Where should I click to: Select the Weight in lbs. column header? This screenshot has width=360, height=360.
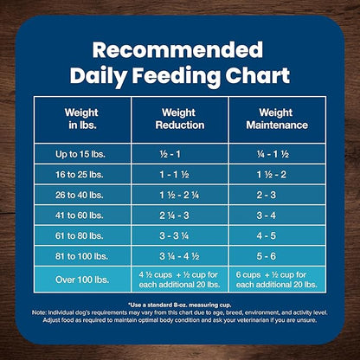(x=81, y=118)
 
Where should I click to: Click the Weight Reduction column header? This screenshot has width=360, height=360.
(x=179, y=118)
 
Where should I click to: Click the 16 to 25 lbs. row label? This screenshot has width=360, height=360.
(x=81, y=175)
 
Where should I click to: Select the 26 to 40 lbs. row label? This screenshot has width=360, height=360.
(x=81, y=196)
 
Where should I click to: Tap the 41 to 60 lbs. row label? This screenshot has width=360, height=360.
(x=81, y=216)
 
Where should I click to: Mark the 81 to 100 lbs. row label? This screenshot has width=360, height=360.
(x=81, y=257)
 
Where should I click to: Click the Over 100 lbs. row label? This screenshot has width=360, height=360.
(x=81, y=279)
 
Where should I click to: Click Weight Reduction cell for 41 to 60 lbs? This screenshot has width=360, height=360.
(x=179, y=216)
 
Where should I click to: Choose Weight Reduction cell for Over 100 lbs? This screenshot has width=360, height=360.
(x=179, y=279)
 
